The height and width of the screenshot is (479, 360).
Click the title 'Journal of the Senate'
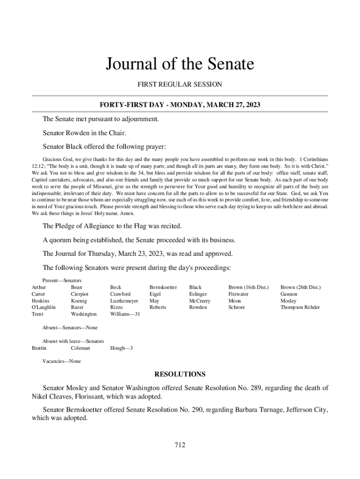[x=180, y=64]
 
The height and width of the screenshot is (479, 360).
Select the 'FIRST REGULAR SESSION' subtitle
[x=180, y=85]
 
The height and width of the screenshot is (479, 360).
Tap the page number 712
[x=180, y=445]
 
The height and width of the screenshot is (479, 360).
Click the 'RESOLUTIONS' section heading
[x=180, y=374]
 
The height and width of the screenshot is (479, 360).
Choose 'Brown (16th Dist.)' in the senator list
[x=248, y=287]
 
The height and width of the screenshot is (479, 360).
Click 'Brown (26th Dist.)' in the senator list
[x=300, y=287]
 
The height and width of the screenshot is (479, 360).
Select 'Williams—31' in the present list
[x=125, y=314]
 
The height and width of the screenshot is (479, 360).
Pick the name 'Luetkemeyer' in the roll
[x=124, y=301]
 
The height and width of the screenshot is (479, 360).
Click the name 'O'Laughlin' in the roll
[x=43, y=307]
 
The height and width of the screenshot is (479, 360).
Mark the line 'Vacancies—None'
[x=61, y=361]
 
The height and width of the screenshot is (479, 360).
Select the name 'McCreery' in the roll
[x=199, y=301]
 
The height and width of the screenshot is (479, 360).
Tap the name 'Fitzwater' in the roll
[x=238, y=294]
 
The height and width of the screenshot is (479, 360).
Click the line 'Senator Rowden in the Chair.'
[x=84, y=133]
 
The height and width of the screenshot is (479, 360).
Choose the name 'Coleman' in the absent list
[x=80, y=348]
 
